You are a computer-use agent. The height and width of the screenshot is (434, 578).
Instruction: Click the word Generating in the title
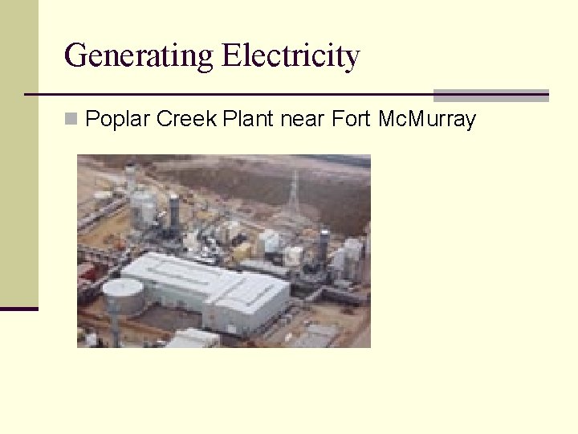click(140, 56)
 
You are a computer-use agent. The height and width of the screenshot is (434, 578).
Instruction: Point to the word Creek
click(186, 120)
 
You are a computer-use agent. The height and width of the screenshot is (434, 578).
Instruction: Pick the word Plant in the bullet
click(249, 120)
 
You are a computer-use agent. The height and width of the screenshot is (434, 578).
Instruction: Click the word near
click(303, 120)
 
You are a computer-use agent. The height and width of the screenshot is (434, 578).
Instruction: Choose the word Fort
click(351, 120)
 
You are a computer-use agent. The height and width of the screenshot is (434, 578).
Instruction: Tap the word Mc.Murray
click(426, 120)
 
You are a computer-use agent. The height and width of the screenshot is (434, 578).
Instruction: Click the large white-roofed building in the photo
click(205, 289)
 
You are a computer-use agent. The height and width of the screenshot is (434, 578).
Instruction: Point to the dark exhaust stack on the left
click(173, 213)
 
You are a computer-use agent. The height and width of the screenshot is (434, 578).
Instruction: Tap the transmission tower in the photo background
click(294, 193)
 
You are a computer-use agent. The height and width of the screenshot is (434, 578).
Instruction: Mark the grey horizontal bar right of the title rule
click(490, 95)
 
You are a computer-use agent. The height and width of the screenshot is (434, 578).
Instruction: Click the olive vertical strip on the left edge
click(18, 153)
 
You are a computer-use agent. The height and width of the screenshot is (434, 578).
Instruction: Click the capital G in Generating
click(75, 56)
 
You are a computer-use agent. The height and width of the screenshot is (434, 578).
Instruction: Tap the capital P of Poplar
click(92, 120)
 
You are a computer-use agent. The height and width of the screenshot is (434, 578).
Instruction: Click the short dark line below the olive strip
click(18, 309)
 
